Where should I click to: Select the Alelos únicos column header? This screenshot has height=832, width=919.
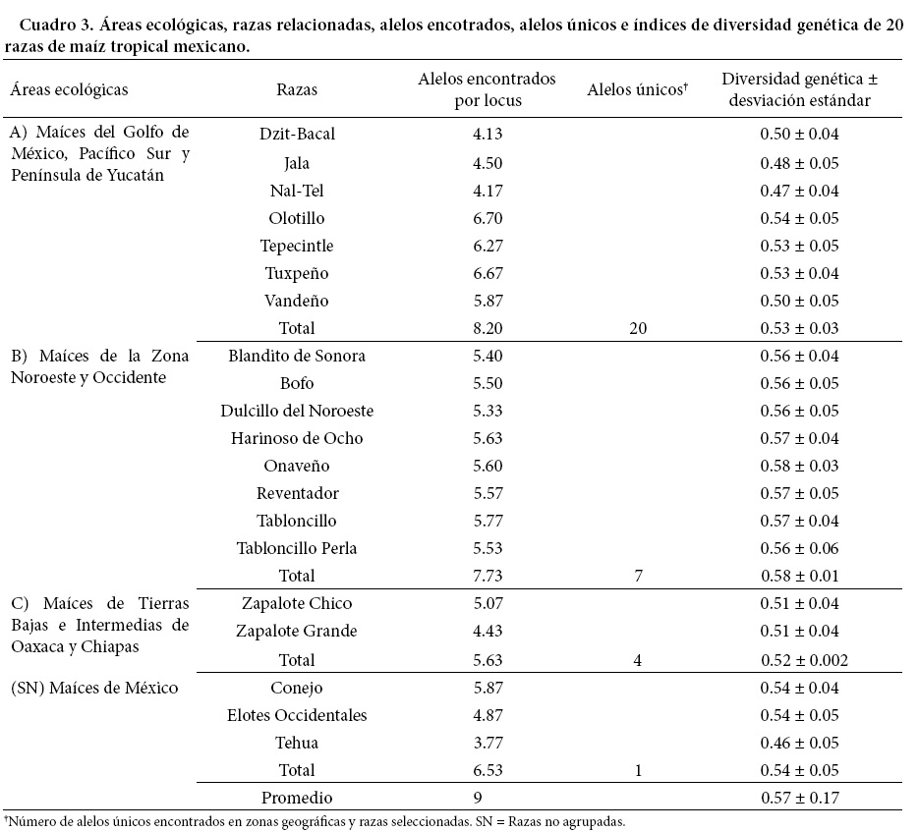pos(636,89)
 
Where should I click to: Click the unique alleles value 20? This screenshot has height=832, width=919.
pos(638,328)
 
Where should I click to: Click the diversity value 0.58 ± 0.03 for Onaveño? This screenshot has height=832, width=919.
pos(799,466)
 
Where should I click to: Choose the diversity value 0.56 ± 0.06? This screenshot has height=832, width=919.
pos(799,548)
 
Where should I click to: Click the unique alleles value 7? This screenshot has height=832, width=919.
pos(638,576)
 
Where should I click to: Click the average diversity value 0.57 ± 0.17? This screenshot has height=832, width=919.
pos(799,798)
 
